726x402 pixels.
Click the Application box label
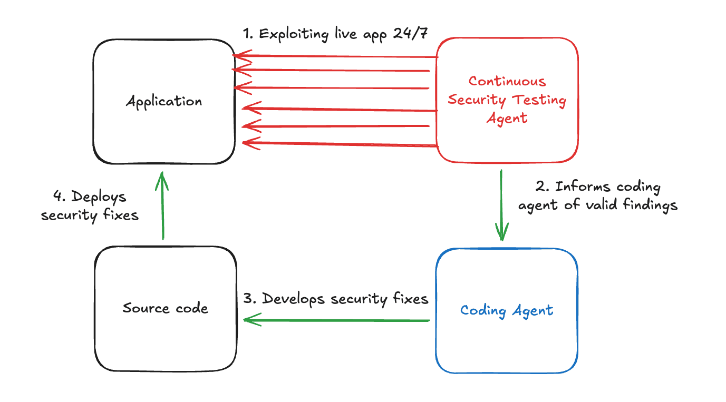pyautogui.click(x=164, y=101)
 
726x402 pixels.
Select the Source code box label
pyautogui.click(x=165, y=308)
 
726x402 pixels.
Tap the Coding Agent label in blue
pyautogui.click(x=507, y=310)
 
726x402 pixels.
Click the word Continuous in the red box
pyautogui.click(x=507, y=81)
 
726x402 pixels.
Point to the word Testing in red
pyautogui.click(x=538, y=100)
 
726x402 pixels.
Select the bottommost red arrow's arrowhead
pyautogui.click(x=248, y=142)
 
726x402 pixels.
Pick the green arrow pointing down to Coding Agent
pyautogui.click(x=501, y=205)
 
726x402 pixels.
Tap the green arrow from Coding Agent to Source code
pyautogui.click(x=337, y=320)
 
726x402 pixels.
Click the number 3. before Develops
pyautogui.click(x=250, y=299)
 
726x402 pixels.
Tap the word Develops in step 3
pyautogui.click(x=294, y=299)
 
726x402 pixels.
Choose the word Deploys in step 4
pyautogui.click(x=99, y=197)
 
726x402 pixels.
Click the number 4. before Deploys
pyautogui.click(x=60, y=197)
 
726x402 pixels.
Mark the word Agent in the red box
pyautogui.click(x=507, y=118)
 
